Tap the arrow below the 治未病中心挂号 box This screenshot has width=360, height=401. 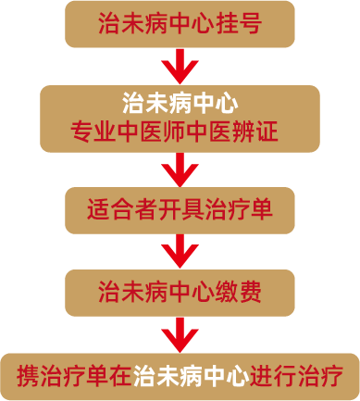click(180, 66)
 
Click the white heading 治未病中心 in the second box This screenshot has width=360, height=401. click(180, 100)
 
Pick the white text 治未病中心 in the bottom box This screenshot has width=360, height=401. click(191, 375)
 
